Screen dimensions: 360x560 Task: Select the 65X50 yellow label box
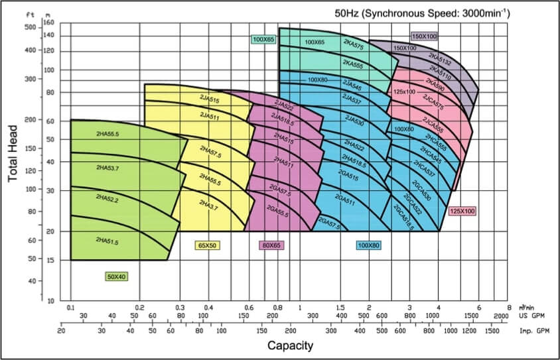(208, 245)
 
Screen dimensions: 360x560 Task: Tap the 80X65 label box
(271, 245)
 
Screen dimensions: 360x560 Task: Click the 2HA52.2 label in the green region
(107, 198)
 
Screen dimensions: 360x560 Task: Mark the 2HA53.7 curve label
(107, 167)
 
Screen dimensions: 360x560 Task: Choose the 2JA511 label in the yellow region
(209, 115)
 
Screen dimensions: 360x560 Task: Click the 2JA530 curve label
(354, 122)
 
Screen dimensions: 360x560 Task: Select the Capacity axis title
(291, 345)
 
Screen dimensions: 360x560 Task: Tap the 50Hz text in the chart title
(349, 13)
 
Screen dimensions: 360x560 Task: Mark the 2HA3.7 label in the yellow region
(209, 206)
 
